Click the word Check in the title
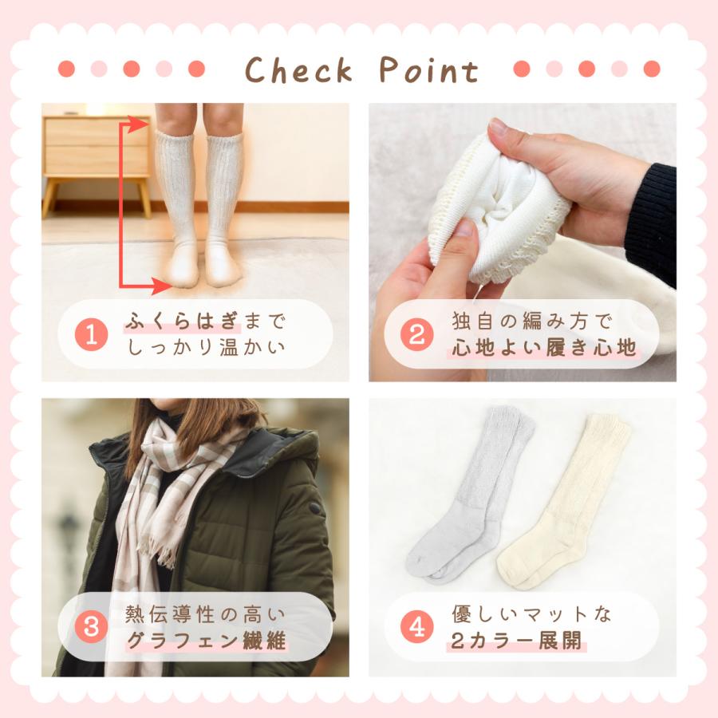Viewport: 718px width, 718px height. [298, 70]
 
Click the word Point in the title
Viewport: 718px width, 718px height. [428, 70]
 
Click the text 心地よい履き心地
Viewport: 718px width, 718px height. [544, 349]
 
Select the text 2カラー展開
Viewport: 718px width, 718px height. [517, 641]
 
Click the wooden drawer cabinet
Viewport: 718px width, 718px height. [96, 148]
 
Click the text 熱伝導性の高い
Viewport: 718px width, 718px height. [205, 614]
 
